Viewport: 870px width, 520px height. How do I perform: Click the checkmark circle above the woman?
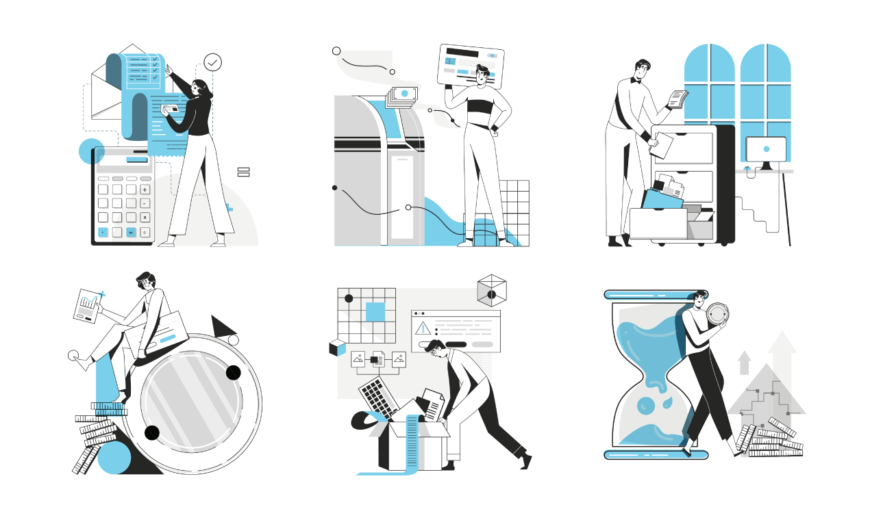coord(213,63)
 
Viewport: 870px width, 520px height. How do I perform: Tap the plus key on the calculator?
coord(145,189)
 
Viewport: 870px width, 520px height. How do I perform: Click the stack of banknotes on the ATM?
coord(402,96)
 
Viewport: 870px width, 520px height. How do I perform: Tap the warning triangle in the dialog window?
coord(423,328)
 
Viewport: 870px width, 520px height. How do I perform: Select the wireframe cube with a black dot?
coord(491,291)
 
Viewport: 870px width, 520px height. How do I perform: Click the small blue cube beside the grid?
coord(337,348)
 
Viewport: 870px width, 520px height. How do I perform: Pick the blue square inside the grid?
coord(375,312)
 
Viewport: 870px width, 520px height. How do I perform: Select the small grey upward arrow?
coord(745,363)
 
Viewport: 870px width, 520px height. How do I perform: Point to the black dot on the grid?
coord(349,298)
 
